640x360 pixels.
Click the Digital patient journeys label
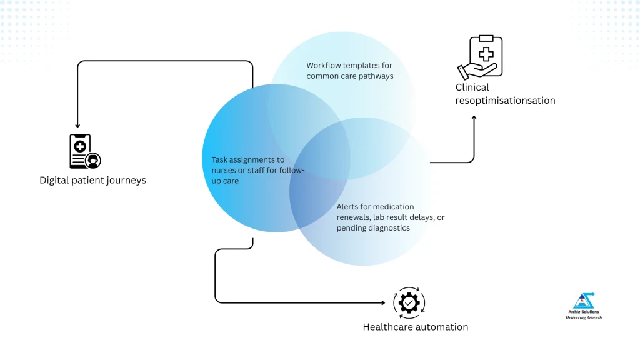click(92, 181)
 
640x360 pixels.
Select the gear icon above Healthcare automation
click(409, 303)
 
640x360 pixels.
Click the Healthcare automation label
click(415, 327)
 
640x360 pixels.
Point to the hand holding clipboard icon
click(480, 57)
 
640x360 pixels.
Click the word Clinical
click(472, 87)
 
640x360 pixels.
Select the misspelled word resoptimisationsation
click(505, 100)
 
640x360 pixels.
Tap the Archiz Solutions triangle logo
click(583, 301)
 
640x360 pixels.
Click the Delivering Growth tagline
click(583, 317)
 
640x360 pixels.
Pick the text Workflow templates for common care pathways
click(349, 71)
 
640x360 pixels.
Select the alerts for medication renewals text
click(390, 217)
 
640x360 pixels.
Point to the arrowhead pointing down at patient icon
click(77, 126)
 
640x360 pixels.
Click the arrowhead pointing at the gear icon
click(382, 303)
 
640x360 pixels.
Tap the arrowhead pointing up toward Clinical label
click(474, 117)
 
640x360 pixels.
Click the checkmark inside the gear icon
click(409, 303)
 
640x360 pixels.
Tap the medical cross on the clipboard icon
click(486, 48)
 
